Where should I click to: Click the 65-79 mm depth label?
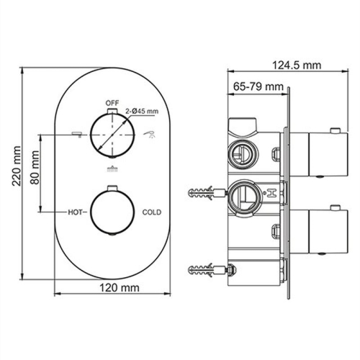258,86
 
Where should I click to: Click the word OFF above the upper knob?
111,103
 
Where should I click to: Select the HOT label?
76,212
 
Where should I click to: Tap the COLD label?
151,212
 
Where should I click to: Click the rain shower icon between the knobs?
111,170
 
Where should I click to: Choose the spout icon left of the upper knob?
74,135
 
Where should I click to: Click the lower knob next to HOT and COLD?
111,212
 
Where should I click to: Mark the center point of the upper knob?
112,135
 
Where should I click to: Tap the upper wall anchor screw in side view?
205,193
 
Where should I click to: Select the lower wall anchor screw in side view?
205,271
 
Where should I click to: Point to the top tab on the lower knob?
111,188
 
